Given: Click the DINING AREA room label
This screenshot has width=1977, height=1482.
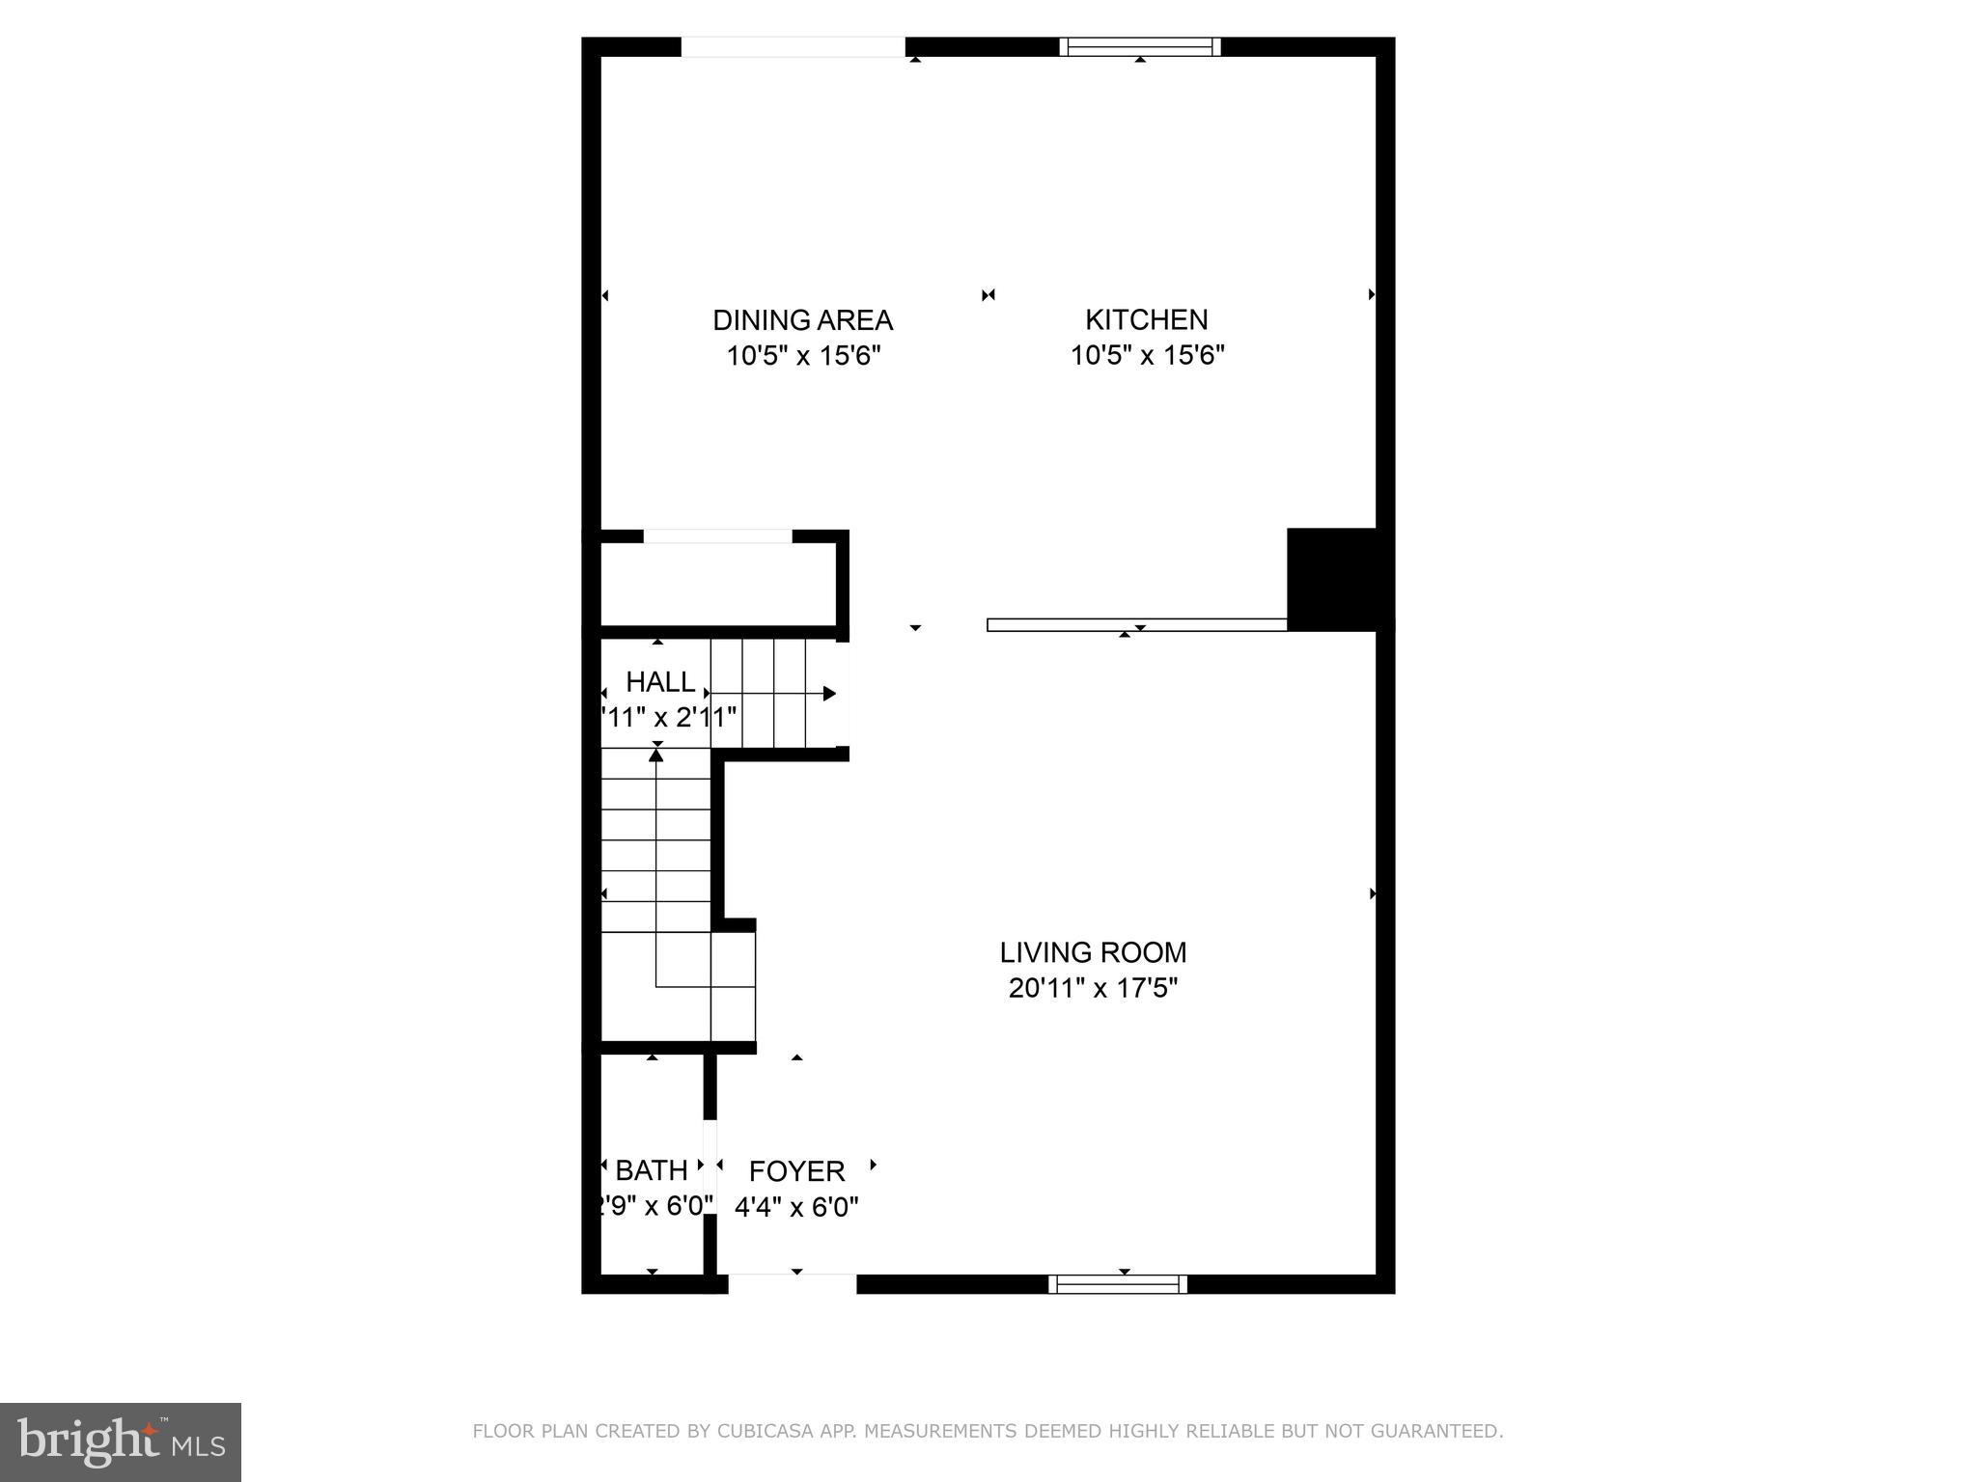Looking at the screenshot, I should (802, 320).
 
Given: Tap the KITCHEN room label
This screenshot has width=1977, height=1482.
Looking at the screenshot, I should (1146, 319).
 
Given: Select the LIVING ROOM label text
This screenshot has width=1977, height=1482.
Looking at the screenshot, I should (1093, 952).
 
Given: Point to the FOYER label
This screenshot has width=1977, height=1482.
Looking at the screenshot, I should (796, 1170).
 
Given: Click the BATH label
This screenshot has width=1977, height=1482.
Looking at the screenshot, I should (652, 1170).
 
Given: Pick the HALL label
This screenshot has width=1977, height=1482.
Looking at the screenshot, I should (660, 682).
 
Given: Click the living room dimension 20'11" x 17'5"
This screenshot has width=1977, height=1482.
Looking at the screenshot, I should (1093, 988).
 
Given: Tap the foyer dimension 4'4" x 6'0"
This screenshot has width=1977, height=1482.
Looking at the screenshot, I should (796, 1206).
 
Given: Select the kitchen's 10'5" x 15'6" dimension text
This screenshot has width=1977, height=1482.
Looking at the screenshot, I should (1147, 355).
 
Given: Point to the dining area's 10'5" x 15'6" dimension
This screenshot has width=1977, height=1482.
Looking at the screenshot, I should (803, 355).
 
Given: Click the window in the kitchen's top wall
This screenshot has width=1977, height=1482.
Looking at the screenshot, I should (1140, 47).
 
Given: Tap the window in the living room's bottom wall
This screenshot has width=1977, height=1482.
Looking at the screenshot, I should (1118, 1283).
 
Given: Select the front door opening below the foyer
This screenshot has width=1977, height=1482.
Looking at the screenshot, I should (793, 1283).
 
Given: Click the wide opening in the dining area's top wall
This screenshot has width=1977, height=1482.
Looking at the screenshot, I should (794, 47).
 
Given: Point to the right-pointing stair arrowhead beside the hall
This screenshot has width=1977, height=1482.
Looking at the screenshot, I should (829, 694).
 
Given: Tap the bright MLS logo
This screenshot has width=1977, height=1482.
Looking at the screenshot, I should (121, 1442).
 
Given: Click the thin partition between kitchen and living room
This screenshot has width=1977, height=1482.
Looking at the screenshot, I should (1136, 625).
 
